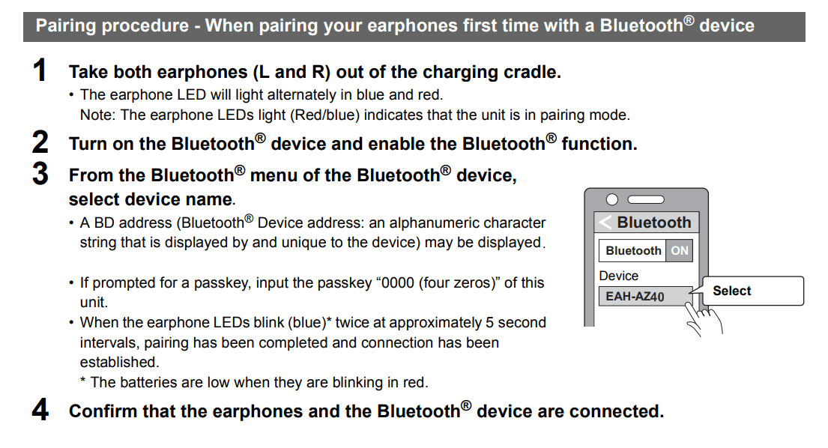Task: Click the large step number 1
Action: (40, 70)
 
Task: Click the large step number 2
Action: (40, 142)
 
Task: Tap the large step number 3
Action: (40, 174)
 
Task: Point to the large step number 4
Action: (40, 410)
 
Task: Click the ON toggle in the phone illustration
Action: (679, 251)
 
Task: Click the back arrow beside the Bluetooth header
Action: (605, 223)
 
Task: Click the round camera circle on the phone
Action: (612, 199)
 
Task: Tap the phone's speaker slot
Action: (646, 199)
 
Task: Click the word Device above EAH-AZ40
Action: (618, 276)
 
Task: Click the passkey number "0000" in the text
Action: (398, 283)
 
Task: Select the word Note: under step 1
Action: (97, 115)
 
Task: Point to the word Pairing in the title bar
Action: (66, 26)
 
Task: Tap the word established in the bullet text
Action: (119, 362)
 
